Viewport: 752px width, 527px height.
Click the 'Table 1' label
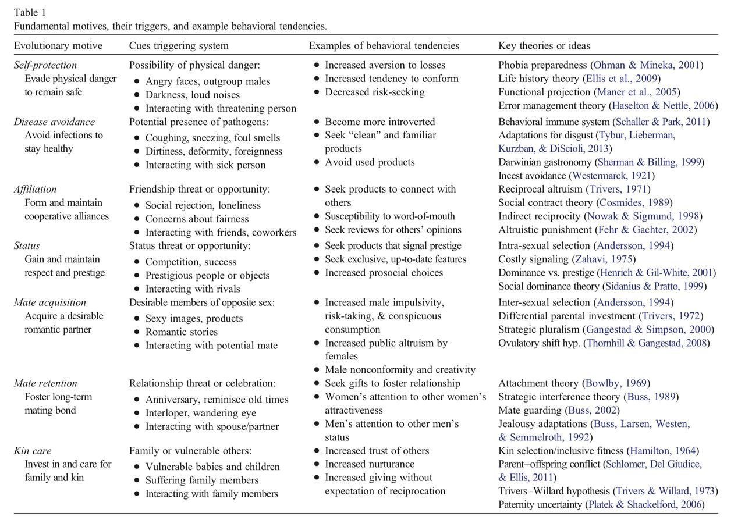tap(30, 12)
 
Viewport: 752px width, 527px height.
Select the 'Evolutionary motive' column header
tap(58, 45)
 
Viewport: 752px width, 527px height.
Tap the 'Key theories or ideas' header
tap(544, 45)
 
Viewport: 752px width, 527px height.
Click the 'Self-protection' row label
tap(45, 65)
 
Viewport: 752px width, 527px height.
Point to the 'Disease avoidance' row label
tap(54, 122)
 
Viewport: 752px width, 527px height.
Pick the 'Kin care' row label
tap(33, 451)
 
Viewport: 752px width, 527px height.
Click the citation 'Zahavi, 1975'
tap(604, 259)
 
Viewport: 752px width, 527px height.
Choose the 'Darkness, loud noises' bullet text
tap(192, 95)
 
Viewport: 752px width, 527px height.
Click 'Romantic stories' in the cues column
tap(181, 332)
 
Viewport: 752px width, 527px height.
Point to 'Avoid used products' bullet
tap(370, 162)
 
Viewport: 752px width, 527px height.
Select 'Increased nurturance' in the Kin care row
tap(370, 464)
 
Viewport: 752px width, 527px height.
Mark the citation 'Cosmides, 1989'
tap(634, 203)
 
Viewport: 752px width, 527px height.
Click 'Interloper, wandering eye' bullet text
tap(200, 413)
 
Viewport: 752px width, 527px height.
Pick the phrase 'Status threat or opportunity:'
tap(190, 245)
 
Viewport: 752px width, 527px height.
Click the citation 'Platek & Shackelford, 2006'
tap(644, 505)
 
